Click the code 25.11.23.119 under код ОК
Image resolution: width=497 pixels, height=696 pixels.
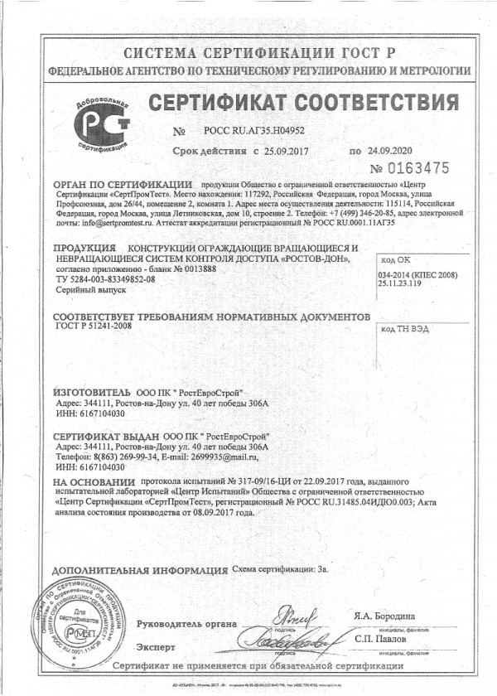(401, 284)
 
